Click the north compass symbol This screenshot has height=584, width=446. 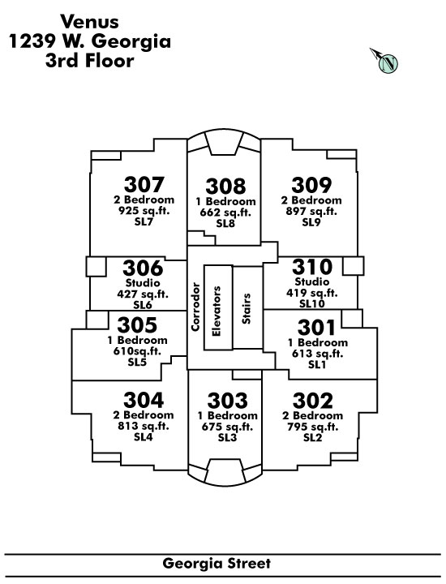(x=387, y=62)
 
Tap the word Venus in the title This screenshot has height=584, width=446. (x=90, y=22)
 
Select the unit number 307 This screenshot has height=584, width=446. (x=144, y=184)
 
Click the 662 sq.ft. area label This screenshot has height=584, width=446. (x=225, y=213)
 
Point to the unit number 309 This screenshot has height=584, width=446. (x=311, y=185)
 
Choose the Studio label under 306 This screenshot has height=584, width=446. (x=143, y=282)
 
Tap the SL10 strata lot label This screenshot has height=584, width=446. (x=312, y=303)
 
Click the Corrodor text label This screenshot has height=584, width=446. (x=195, y=307)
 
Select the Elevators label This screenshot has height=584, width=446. (x=217, y=311)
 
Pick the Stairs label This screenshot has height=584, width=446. (x=246, y=308)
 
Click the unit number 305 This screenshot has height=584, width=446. (x=137, y=325)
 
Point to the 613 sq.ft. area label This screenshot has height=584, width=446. (x=318, y=354)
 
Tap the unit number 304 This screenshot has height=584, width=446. (x=144, y=401)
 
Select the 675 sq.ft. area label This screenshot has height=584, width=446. (x=227, y=427)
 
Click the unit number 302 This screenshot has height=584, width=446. (x=313, y=401)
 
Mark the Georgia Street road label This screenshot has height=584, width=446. (x=217, y=564)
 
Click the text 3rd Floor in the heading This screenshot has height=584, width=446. (x=90, y=61)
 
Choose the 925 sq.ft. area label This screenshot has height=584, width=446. (x=144, y=211)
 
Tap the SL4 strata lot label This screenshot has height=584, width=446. (x=144, y=437)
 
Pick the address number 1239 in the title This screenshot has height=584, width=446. (x=32, y=41)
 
